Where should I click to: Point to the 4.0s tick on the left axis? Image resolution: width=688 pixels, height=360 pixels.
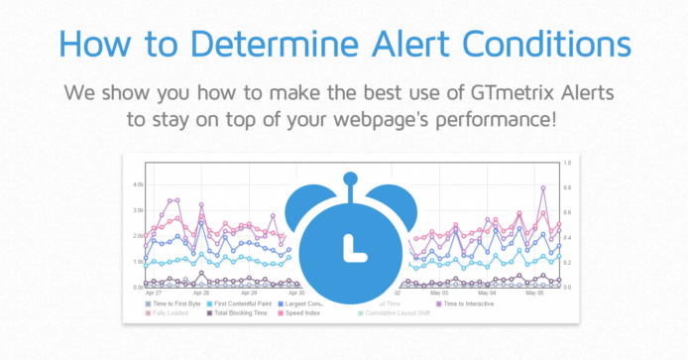(138, 185)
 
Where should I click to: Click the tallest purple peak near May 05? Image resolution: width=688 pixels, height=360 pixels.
(543, 186)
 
